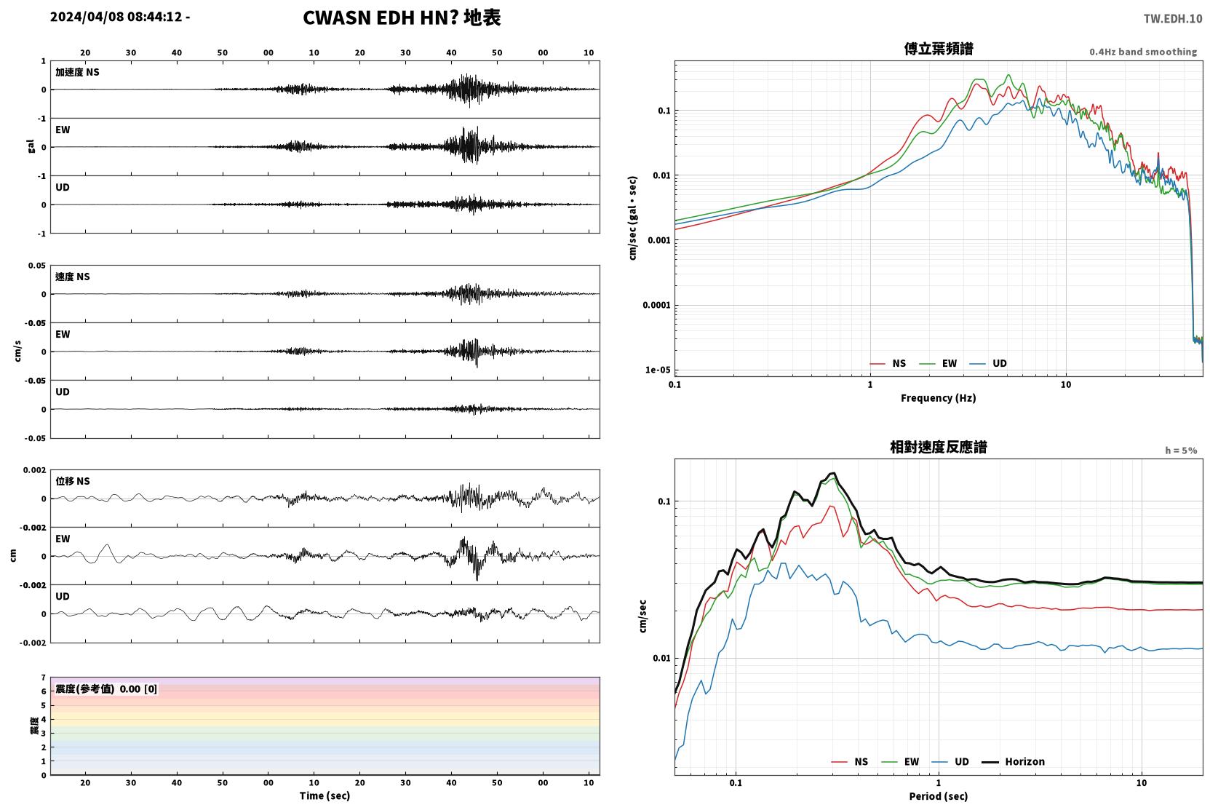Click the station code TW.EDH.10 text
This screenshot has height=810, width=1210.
point(1173,19)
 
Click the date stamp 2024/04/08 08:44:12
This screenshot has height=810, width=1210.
point(116,17)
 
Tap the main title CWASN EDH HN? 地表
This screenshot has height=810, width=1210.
point(402,18)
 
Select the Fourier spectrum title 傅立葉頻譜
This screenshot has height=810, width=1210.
point(939,49)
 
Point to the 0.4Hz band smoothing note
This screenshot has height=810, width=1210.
point(1143,52)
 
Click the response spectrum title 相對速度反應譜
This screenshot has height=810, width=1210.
point(939,448)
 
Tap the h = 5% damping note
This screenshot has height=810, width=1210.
point(1181,450)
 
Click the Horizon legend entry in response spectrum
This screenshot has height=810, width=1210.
point(1014,762)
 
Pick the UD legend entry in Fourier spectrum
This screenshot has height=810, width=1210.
point(989,364)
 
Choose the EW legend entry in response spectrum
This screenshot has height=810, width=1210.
point(900,762)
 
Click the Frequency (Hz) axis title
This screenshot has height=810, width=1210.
point(939,398)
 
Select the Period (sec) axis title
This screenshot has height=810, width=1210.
point(939,796)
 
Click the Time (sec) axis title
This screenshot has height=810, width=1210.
point(325,796)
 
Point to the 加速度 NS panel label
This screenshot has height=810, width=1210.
point(77,72)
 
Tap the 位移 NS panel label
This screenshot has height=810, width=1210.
point(72,482)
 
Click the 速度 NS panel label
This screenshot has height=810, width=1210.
point(72,277)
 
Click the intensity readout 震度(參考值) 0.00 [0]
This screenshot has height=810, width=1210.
point(106,689)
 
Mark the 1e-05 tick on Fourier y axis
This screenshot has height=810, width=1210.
point(658,370)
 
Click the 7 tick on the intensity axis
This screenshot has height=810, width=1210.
point(44,678)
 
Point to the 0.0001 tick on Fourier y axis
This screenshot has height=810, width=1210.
point(656,306)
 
